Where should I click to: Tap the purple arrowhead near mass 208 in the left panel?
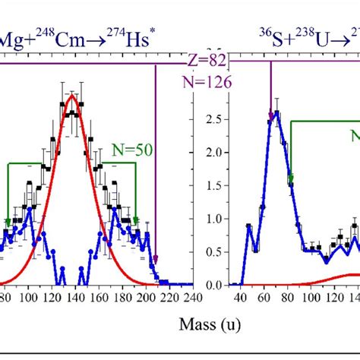click(156, 261)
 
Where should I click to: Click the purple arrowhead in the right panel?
click(270, 117)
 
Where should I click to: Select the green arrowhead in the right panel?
click(290, 180)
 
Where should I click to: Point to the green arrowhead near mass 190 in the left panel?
click(136, 221)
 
